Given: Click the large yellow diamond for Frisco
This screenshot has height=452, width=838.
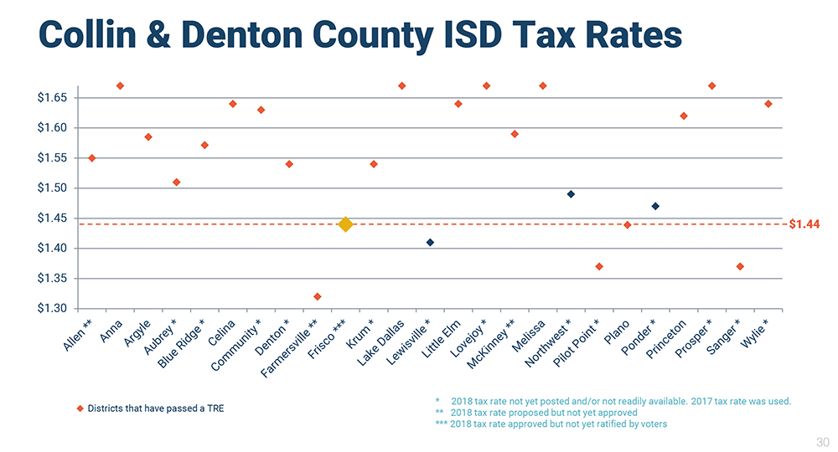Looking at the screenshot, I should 345,224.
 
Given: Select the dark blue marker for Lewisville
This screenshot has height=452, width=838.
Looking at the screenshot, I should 430,243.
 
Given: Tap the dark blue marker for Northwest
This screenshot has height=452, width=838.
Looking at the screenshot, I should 571,194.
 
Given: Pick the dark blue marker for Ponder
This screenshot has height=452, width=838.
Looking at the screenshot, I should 655,206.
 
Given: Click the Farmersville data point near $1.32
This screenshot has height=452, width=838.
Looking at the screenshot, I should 317,296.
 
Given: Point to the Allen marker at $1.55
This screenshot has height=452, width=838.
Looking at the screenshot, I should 92,158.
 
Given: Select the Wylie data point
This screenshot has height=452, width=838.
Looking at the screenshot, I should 768,104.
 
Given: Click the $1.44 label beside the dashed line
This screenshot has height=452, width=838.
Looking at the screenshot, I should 804,224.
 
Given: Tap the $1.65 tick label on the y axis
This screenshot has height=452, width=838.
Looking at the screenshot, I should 52,98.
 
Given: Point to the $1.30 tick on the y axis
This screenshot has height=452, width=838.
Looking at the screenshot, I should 52,309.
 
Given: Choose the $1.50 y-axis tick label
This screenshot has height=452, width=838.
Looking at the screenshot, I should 52,188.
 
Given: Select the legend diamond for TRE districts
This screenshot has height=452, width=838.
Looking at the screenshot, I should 80,408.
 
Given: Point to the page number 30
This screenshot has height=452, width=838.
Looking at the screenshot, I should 822,441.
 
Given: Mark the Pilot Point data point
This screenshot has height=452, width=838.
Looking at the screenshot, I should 599,266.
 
